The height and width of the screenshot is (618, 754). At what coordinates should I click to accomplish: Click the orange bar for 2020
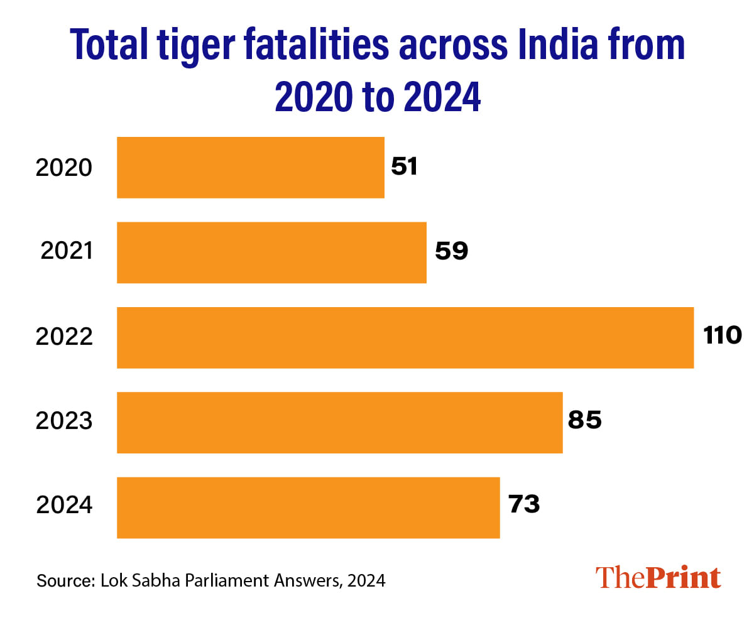pyautogui.click(x=250, y=167)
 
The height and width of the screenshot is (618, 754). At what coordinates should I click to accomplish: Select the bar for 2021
pyautogui.click(x=271, y=252)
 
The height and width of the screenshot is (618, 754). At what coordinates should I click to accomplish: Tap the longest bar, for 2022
pyautogui.click(x=405, y=337)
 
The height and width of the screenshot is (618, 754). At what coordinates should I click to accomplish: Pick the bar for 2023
pyautogui.click(x=339, y=422)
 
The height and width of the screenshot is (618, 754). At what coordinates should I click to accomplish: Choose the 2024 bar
pyautogui.click(x=308, y=507)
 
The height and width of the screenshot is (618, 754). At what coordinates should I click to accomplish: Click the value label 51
pyautogui.click(x=404, y=167)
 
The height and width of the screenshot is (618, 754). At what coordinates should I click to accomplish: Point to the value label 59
pyautogui.click(x=452, y=252)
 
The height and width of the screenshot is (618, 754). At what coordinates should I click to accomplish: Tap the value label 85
pyautogui.click(x=585, y=421)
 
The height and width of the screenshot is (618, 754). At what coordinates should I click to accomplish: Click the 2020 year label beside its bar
pyautogui.click(x=64, y=168)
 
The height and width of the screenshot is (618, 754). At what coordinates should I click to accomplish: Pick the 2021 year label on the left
pyautogui.click(x=67, y=251)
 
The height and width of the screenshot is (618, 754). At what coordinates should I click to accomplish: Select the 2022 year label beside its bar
pyautogui.click(x=64, y=338)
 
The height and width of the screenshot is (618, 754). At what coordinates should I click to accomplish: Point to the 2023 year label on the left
pyautogui.click(x=64, y=421)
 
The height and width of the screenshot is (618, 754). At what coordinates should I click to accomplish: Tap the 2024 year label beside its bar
pyautogui.click(x=64, y=506)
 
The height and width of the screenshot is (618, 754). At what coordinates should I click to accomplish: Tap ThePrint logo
pyautogui.click(x=658, y=578)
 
